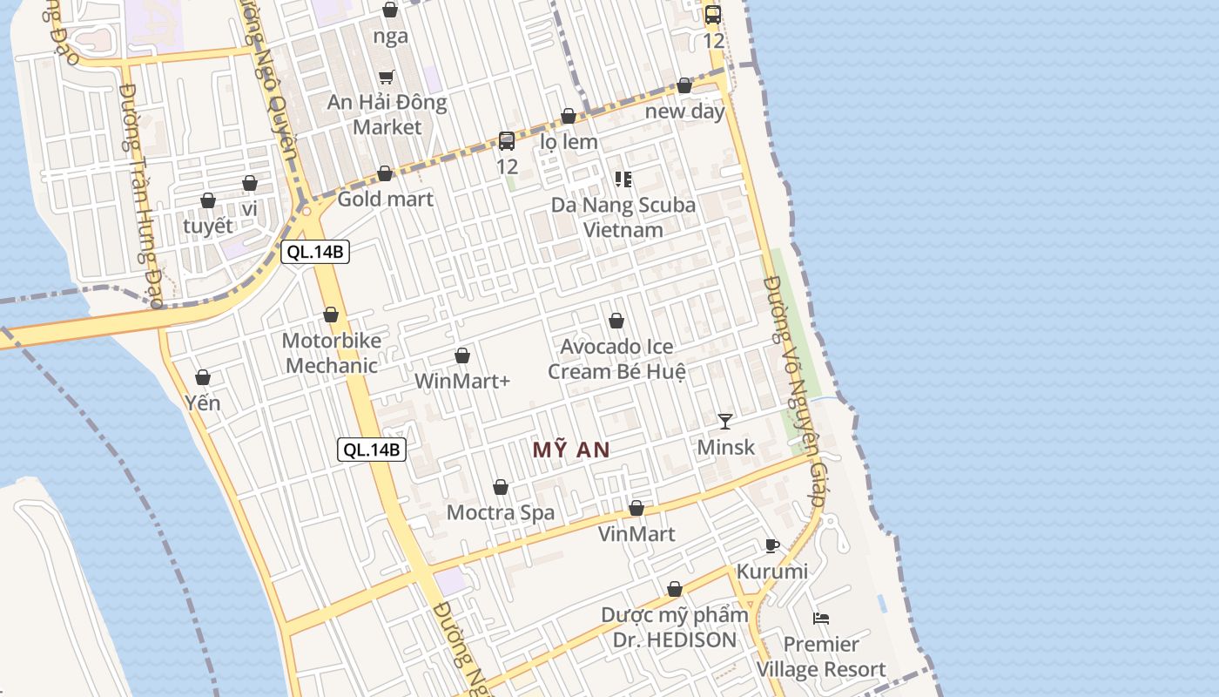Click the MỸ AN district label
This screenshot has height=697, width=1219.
click(570, 450)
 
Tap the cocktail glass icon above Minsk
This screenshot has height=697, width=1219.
click(725, 422)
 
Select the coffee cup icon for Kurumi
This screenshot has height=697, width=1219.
click(771, 546)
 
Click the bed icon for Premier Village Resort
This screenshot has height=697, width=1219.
click(820, 619)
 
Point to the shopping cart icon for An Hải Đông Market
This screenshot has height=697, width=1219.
click(387, 77)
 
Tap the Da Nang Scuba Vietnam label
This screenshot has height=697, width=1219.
click(623, 218)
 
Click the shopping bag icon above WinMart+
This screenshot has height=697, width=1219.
click(462, 356)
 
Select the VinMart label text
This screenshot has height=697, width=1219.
click(636, 534)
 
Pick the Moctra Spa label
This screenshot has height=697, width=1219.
click(501, 512)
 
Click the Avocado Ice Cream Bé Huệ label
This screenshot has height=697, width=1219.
click(616, 359)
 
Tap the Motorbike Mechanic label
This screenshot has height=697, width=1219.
click(332, 353)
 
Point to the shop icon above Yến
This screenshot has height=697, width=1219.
click(203, 377)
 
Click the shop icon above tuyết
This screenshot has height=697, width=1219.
click(208, 201)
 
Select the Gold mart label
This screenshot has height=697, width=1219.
click(385, 199)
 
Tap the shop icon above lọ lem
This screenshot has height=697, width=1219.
click(569, 117)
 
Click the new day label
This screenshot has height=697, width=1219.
click(685, 112)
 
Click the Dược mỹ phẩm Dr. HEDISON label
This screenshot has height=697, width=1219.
click(674, 627)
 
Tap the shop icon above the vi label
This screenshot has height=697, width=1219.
click(250, 184)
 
